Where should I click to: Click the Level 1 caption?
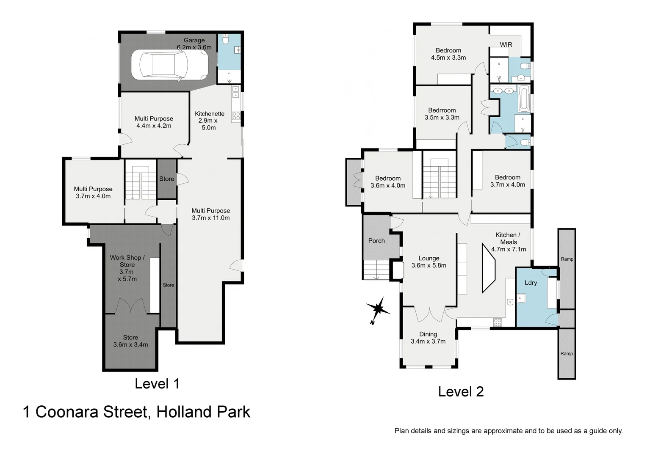click(157, 384)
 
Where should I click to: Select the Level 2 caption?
click(461, 391)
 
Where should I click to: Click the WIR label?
click(506, 44)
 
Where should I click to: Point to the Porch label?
click(376, 241)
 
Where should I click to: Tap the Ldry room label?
click(531, 283)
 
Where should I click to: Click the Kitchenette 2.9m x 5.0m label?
click(209, 121)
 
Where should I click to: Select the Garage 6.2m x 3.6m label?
click(194, 44)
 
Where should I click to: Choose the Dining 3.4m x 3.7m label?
click(428, 338)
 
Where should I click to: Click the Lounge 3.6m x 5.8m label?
click(429, 262)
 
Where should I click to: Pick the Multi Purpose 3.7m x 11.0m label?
click(210, 214)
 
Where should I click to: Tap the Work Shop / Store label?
click(127, 268)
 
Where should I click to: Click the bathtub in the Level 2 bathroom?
click(524, 99)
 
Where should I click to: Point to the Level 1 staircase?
click(141, 183)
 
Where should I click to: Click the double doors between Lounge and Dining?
click(429, 314)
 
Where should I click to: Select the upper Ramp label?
click(567, 259)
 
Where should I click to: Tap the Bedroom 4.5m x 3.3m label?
click(448, 54)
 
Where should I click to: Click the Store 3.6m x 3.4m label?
click(130, 341)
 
